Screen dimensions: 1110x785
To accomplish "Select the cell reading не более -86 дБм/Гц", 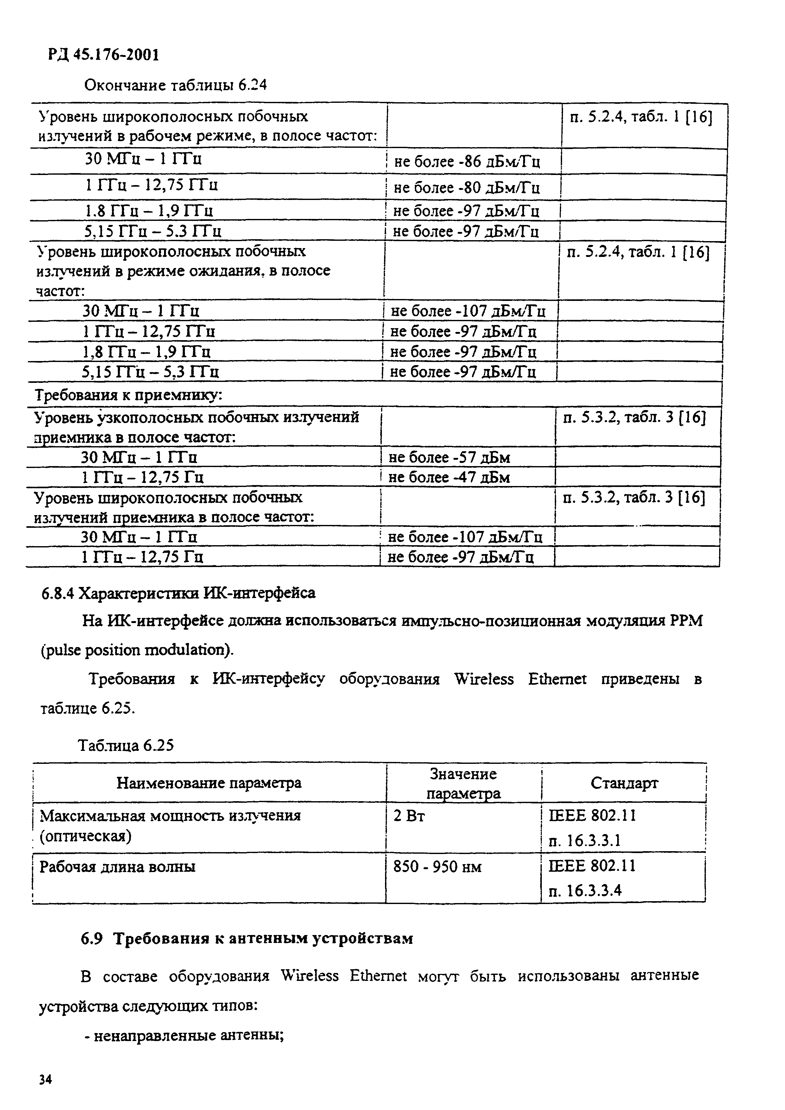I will pyautogui.click(x=467, y=161).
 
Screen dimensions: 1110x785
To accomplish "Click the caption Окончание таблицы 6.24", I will pyautogui.click(x=175, y=85).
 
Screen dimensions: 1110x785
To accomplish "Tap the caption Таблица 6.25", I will pyautogui.click(x=126, y=745).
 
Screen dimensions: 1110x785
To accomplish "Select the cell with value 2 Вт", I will pyautogui.click(x=409, y=816).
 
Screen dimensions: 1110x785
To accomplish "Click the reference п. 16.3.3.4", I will pyautogui.click(x=585, y=890).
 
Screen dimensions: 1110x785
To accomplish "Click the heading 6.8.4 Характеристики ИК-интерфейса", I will pyautogui.click(x=179, y=593).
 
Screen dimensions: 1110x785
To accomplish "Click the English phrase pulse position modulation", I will pyautogui.click(x=136, y=650).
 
